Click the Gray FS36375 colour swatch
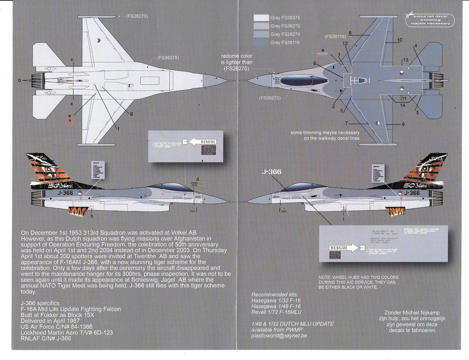(261, 18)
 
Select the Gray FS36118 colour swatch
(261, 43)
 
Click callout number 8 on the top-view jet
(350, 33)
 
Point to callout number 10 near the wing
(399, 40)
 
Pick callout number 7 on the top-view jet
(346, 123)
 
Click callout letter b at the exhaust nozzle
(19, 81)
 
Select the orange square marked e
(70, 121)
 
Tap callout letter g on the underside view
(132, 113)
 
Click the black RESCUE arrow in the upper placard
(202, 142)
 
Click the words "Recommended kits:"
(274, 294)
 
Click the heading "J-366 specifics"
(40, 303)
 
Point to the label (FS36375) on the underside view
(168, 58)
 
